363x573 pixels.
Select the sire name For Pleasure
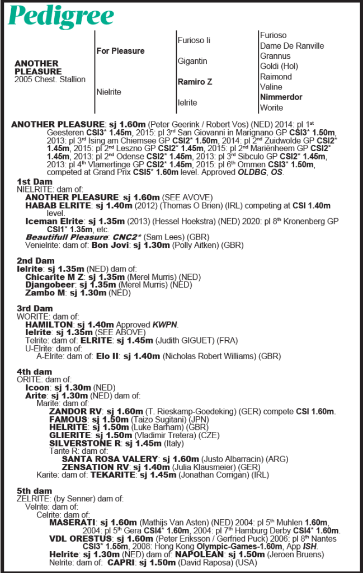tap(120, 51)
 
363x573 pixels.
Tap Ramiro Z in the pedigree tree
tap(195, 82)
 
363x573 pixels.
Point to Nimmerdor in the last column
tap(281, 97)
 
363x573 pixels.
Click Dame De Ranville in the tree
tap(291, 46)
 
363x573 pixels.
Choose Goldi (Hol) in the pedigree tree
tap(279, 66)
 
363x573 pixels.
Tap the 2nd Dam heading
tap(35, 261)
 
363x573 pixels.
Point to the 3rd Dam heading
tap(35, 308)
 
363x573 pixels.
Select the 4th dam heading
tap(35, 372)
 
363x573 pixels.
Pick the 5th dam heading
tap(35, 491)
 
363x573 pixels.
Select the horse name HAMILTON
tap(49, 325)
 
